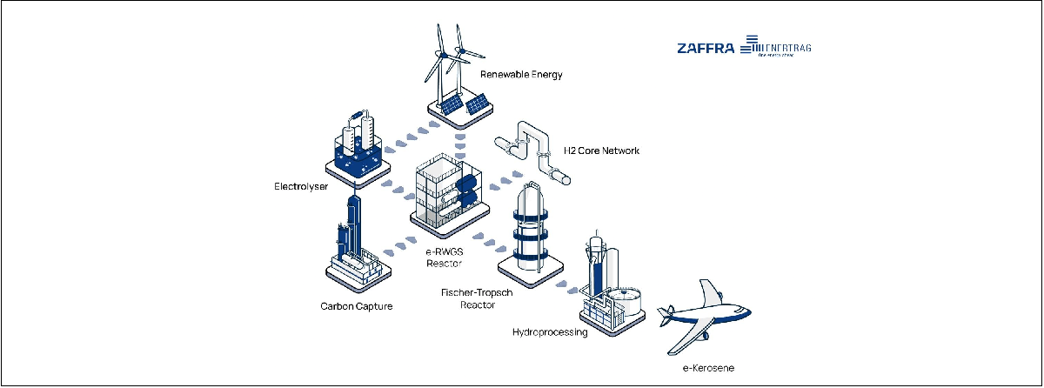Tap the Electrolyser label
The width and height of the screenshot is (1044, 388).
click(299, 186)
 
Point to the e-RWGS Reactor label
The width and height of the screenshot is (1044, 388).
click(444, 257)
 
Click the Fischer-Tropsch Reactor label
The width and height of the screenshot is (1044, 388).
click(478, 298)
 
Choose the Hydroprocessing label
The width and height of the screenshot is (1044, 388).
click(550, 332)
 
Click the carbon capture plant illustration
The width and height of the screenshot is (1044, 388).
click(353, 248)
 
